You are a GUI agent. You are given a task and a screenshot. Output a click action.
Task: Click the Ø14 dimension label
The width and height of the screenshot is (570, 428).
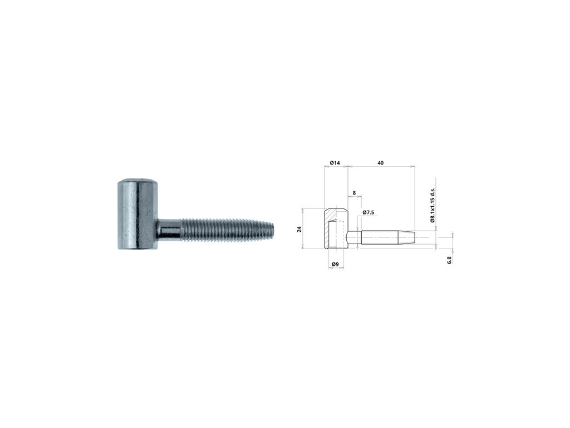[x=335, y=163]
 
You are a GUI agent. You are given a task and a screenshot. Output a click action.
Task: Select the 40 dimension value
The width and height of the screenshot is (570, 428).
[x=380, y=163]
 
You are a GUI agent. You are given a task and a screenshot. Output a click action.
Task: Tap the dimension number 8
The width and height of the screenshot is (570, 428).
[x=354, y=193]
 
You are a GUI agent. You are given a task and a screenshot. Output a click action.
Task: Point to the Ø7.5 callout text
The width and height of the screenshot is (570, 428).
[x=368, y=212]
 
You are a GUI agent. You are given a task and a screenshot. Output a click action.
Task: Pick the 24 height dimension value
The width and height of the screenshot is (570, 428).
[x=299, y=229]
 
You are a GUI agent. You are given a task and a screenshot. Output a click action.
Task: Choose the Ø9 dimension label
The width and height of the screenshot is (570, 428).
[x=335, y=264]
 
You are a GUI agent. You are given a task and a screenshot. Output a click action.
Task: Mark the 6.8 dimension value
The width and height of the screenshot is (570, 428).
[x=449, y=260]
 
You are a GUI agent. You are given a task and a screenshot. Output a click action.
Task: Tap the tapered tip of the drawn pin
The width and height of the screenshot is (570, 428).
[x=406, y=237]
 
